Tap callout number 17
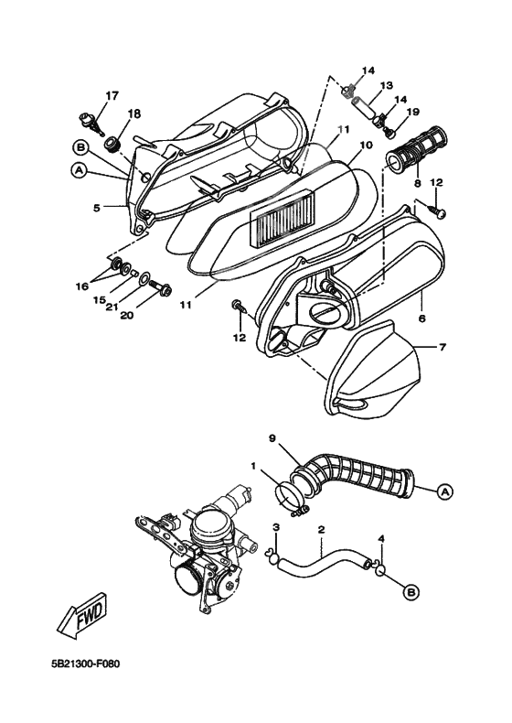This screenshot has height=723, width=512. pyautogui.click(x=112, y=95)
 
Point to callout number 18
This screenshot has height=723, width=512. pyautogui.click(x=134, y=113)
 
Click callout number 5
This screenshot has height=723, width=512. pyautogui.click(x=96, y=208)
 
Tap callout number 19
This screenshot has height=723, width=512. pyautogui.click(x=412, y=113)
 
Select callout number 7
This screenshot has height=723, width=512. pyautogui.click(x=442, y=348)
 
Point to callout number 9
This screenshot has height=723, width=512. pyautogui.click(x=272, y=437)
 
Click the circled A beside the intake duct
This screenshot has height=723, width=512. pyautogui.click(x=444, y=491)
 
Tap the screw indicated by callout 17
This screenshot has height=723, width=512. pyautogui.click(x=89, y=118)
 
